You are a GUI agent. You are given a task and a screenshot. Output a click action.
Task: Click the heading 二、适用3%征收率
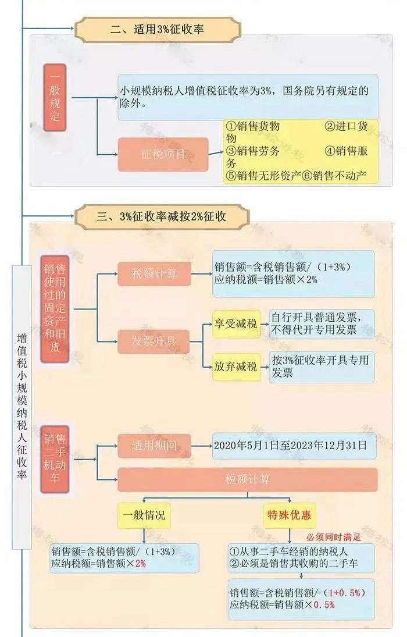(156, 27)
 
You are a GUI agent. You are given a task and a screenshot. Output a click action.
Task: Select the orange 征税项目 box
(163, 154)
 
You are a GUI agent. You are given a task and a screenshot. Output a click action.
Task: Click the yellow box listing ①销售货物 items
(301, 151)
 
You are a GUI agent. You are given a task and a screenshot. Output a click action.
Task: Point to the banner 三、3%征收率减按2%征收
(160, 217)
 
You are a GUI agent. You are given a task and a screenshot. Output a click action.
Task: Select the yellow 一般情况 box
(144, 515)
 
